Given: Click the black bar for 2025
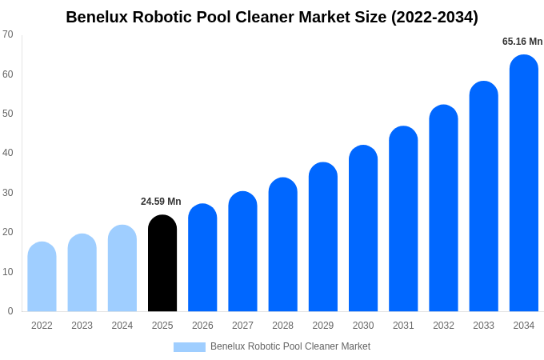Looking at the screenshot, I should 162,263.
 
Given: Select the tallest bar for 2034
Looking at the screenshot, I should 523,183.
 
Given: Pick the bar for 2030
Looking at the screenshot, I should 363,229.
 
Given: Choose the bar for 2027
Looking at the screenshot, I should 242,251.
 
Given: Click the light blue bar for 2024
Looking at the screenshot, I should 122,269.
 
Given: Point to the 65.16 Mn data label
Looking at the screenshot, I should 522,42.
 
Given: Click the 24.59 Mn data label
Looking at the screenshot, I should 161,202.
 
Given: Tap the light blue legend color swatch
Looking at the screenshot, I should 190,347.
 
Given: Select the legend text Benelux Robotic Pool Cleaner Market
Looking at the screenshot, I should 290,346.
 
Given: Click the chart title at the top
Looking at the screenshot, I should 272,17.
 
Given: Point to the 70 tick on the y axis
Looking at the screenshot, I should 8,34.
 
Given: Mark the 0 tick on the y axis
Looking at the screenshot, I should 10,311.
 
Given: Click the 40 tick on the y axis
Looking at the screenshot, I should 8,153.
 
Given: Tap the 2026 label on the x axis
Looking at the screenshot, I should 202,326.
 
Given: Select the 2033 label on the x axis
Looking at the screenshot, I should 483,326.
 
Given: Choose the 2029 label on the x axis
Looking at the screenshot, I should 323,326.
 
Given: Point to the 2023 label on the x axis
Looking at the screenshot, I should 82,326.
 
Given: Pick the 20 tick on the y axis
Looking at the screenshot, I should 8,232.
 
